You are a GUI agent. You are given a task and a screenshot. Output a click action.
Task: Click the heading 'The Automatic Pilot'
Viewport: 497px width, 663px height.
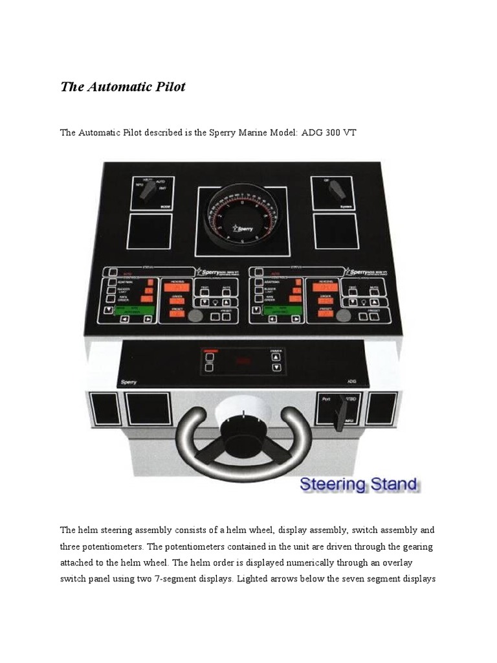123,87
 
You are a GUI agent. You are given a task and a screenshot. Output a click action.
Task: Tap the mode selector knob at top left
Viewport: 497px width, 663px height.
150,190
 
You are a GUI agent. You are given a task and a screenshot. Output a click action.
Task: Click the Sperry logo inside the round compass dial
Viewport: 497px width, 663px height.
243,229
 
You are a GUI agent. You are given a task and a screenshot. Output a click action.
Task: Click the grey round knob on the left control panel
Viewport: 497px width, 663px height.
195,316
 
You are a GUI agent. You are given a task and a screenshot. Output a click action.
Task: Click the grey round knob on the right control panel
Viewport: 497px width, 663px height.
344,316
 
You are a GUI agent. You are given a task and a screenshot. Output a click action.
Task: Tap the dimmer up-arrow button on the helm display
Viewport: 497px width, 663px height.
276,356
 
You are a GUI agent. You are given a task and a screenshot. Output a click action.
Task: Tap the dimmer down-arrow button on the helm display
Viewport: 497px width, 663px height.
276,367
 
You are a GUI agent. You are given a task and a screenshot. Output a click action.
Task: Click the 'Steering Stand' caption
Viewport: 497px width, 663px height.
359,484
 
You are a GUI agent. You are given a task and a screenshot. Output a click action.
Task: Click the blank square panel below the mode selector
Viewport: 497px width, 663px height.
149,231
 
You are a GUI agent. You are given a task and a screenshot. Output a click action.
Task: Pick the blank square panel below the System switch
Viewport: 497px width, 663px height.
336,230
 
